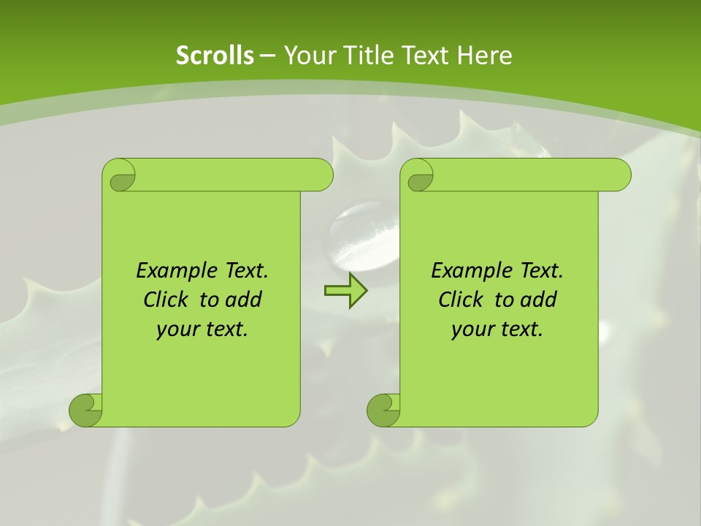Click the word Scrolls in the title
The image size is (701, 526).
(x=215, y=56)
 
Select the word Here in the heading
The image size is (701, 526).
(x=484, y=56)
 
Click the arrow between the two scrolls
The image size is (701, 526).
(x=345, y=291)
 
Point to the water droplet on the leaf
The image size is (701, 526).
(x=363, y=234)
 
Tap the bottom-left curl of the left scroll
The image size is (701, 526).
(x=85, y=410)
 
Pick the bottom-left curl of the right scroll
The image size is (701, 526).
(x=383, y=410)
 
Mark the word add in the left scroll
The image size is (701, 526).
(x=244, y=300)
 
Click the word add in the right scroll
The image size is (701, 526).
(x=539, y=300)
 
